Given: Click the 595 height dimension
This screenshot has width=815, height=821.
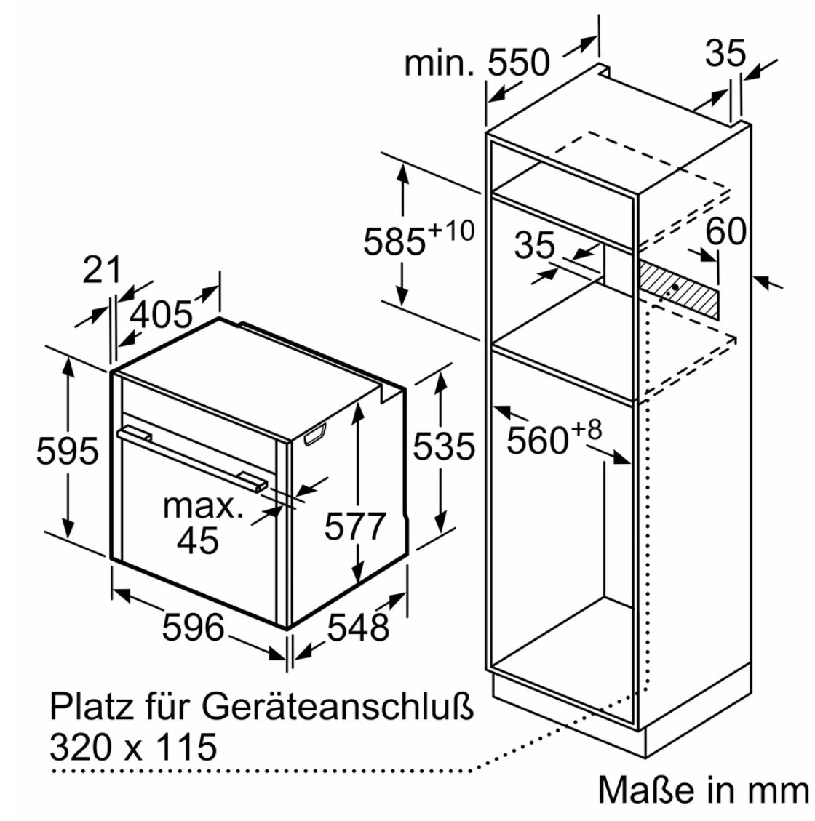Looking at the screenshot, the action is (67, 450).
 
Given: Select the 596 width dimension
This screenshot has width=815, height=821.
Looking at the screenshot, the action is (194, 627).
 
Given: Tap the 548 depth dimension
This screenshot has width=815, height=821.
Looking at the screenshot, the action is (358, 627).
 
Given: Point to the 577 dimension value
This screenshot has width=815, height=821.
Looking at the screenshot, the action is (355, 526).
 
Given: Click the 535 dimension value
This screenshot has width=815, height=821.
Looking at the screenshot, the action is (444, 446).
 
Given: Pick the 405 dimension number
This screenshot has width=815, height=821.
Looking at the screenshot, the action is (162, 315).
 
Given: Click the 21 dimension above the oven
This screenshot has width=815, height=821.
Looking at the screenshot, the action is (102, 270).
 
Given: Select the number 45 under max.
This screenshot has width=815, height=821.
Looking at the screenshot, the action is (197, 541).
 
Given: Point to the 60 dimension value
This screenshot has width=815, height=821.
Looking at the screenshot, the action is (726, 231).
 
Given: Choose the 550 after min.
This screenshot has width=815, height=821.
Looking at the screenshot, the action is (519, 63).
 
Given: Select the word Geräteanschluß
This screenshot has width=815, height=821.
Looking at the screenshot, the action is (338, 708).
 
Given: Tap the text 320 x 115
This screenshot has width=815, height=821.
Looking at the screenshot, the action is (133, 747).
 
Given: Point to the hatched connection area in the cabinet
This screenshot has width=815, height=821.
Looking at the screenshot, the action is (677, 289).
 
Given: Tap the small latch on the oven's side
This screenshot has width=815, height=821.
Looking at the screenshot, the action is (314, 435).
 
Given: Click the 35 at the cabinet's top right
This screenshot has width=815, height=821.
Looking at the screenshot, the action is (725, 53).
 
